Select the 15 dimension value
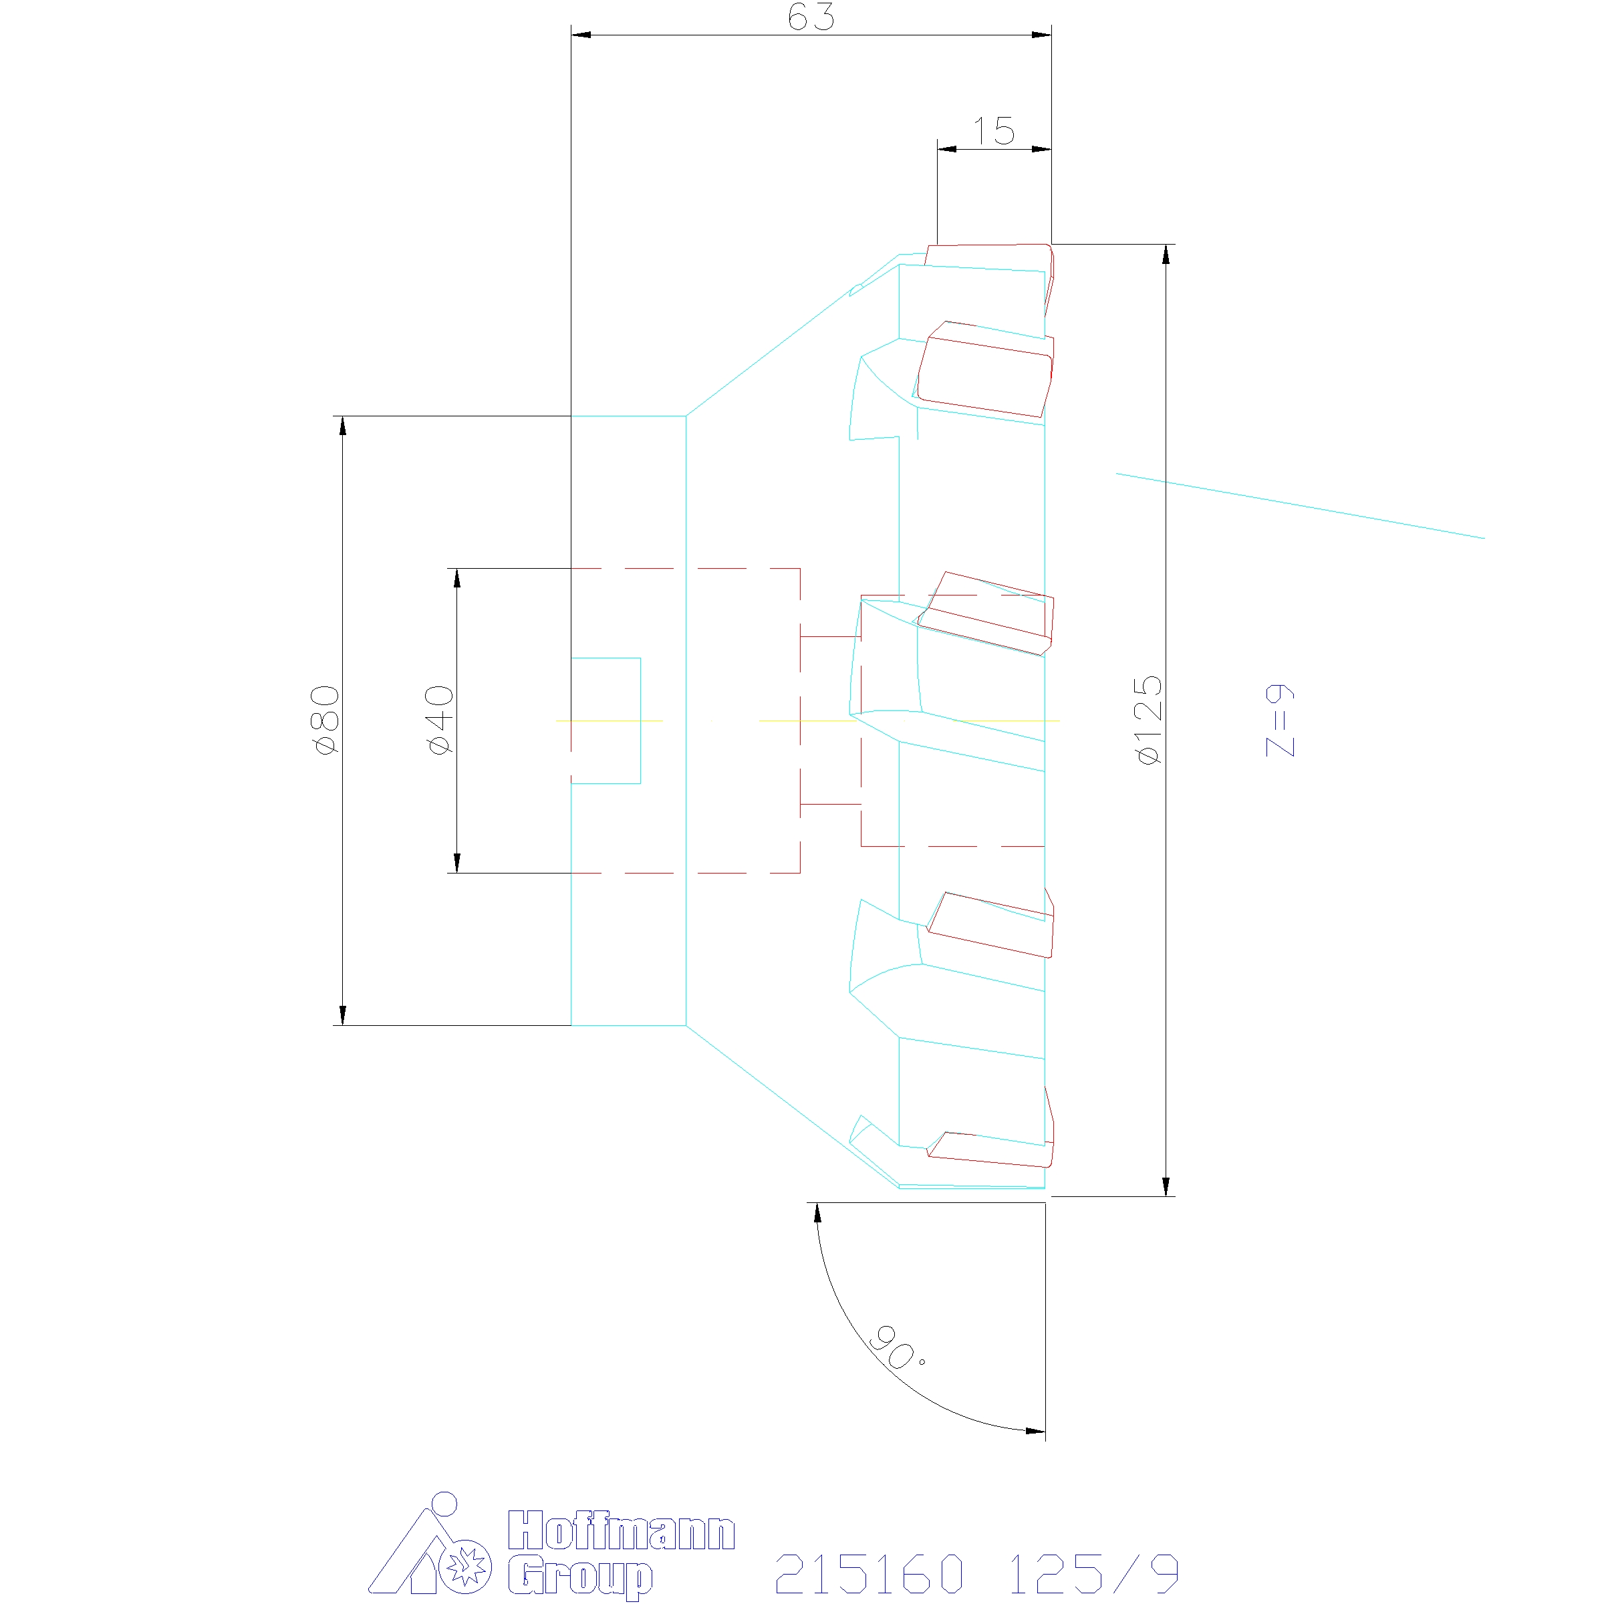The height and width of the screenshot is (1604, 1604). point(994,131)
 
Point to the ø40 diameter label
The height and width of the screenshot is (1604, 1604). point(439,720)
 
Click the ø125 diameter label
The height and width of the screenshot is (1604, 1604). point(1148,720)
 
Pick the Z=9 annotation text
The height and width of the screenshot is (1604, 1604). point(1279,720)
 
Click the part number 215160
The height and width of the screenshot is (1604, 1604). point(870,1573)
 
